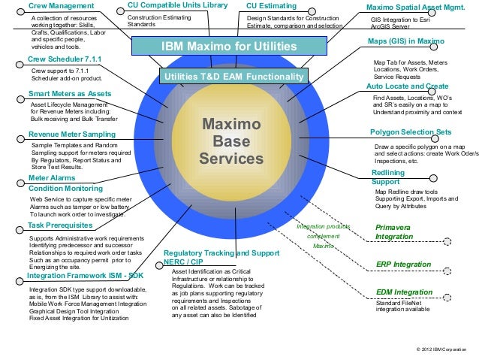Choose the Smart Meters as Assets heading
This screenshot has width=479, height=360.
click(x=70, y=94)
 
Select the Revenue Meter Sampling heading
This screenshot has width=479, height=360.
click(x=71, y=134)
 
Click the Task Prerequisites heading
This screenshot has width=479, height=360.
click(x=60, y=225)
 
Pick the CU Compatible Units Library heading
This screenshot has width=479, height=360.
click(x=177, y=6)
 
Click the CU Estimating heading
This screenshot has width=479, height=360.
click(x=271, y=6)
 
